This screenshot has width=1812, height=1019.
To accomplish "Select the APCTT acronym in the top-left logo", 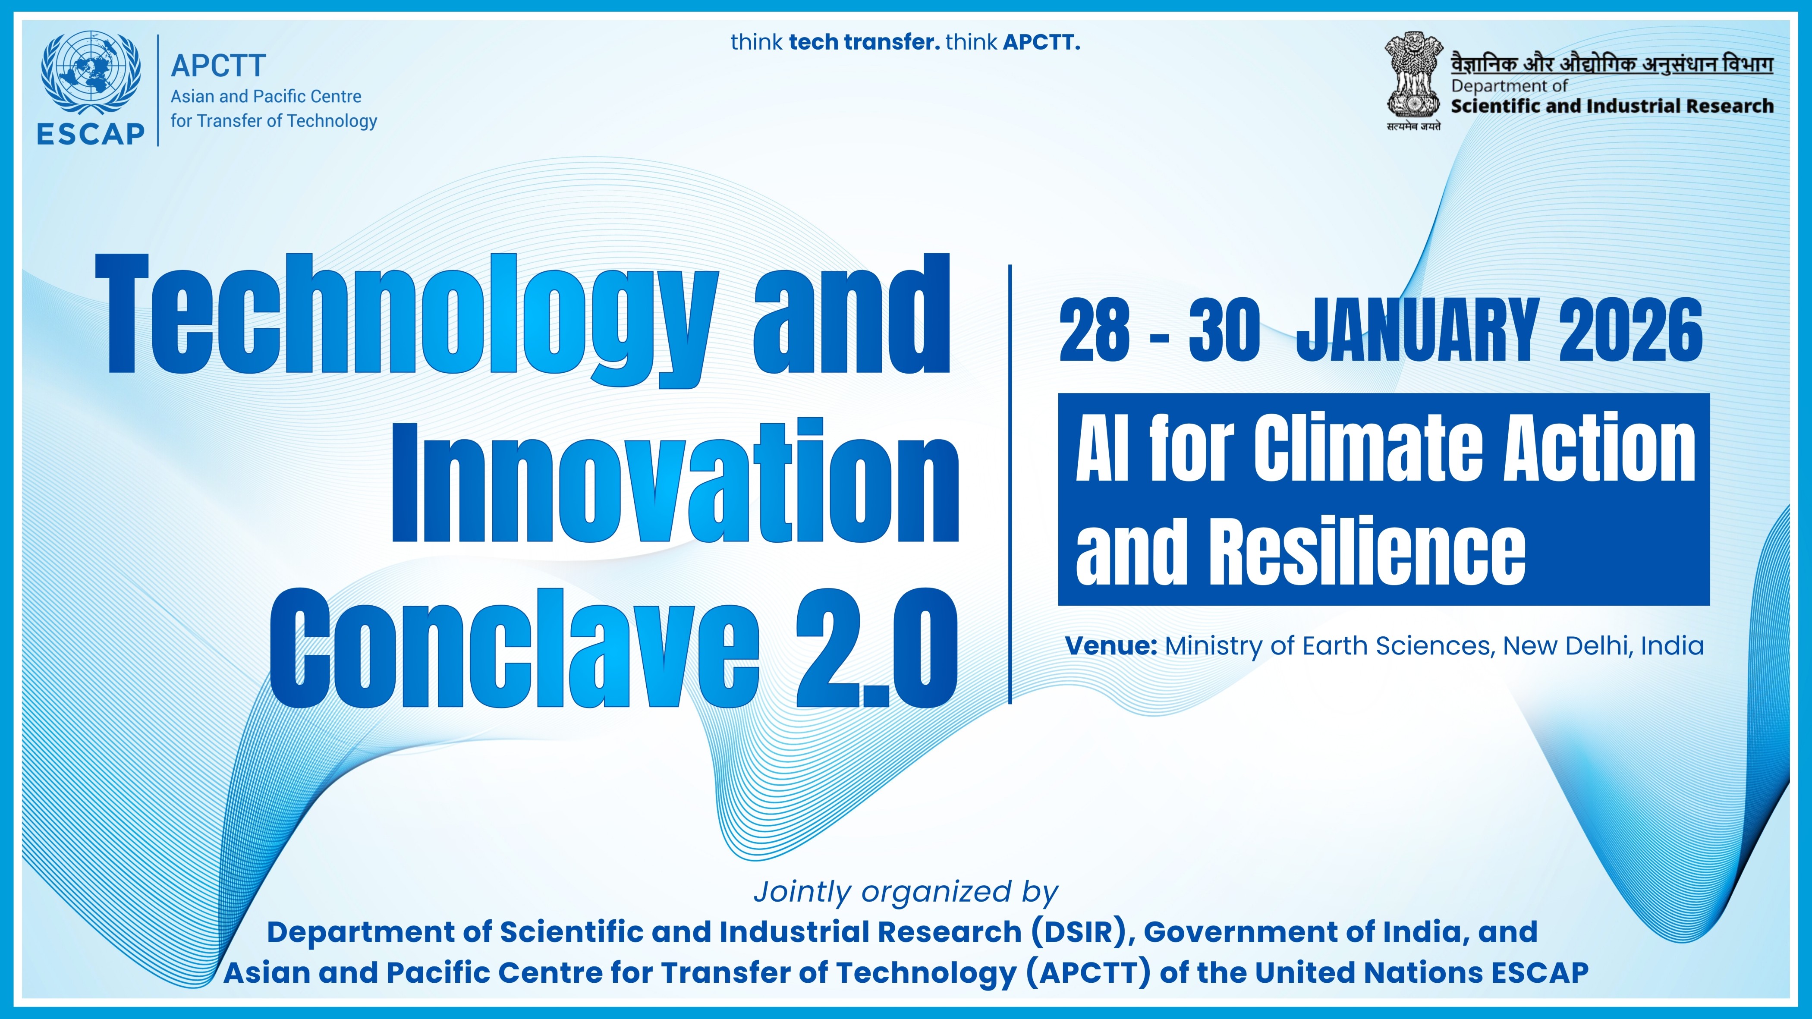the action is coord(218,66).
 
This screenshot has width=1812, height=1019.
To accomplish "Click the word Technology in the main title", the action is coord(406,320).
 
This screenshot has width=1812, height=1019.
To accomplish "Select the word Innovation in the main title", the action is coord(675,480).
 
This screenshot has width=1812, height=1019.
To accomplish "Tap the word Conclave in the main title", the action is coord(515,648).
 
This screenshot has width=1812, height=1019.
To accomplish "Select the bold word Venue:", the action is coord(1111,645).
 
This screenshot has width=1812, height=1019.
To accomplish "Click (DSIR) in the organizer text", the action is coord(1082,932).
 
